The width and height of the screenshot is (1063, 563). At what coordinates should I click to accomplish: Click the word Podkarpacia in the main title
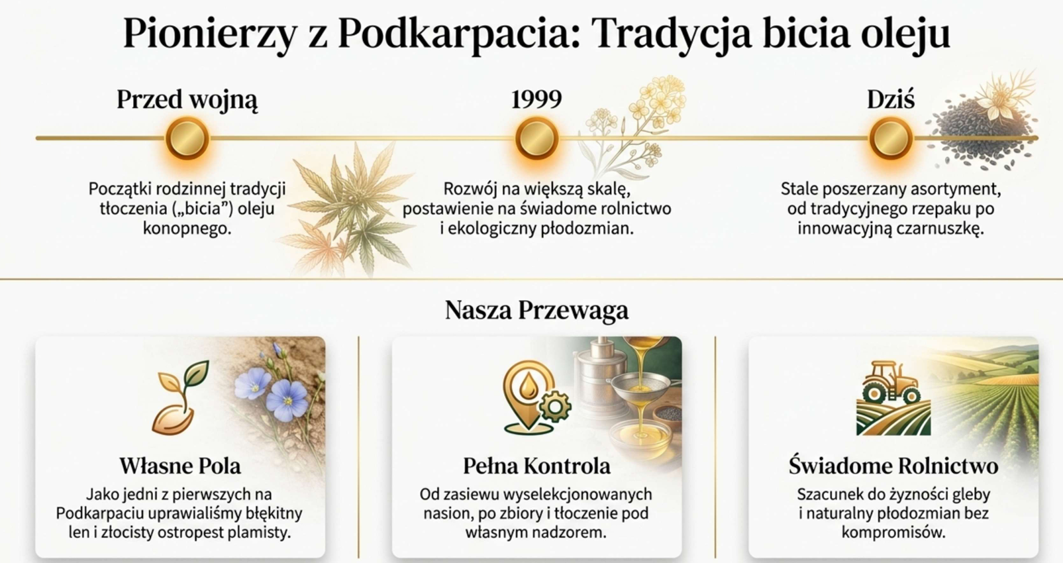pyautogui.click(x=459, y=34)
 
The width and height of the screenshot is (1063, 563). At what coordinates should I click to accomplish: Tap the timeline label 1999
pyautogui.click(x=536, y=99)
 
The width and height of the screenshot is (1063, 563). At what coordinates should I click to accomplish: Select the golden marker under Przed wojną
pyautogui.click(x=187, y=138)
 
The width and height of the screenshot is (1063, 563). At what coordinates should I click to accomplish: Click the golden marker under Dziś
pyautogui.click(x=891, y=138)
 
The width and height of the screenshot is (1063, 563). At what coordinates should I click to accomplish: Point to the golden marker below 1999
pyautogui.click(x=536, y=138)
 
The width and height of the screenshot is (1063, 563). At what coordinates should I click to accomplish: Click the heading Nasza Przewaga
pyautogui.click(x=536, y=310)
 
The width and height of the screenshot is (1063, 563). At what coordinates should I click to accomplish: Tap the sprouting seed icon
pyautogui.click(x=179, y=397)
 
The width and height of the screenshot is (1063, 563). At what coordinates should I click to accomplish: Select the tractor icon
pyautogui.click(x=891, y=384)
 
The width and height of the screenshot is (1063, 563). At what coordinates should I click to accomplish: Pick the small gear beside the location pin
pyautogui.click(x=555, y=407)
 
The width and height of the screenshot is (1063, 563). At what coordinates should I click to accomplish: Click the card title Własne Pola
pyautogui.click(x=180, y=466)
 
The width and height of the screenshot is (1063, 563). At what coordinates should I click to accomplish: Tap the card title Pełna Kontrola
pyautogui.click(x=536, y=466)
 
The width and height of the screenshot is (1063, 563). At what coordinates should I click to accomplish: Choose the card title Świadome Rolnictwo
pyautogui.click(x=893, y=466)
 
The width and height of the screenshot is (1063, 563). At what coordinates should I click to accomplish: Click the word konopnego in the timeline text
pyautogui.click(x=187, y=229)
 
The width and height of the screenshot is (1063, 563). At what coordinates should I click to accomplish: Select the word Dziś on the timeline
pyautogui.click(x=891, y=100)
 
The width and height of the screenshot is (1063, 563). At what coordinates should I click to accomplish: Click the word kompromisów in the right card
pyautogui.click(x=893, y=533)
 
